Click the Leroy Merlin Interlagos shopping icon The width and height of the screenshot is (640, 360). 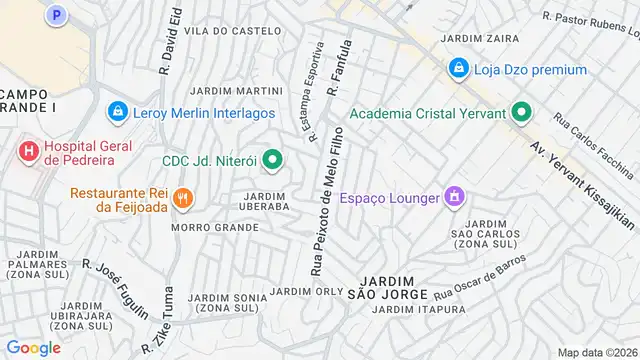[118, 110]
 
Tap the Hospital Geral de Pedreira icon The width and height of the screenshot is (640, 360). [28, 151]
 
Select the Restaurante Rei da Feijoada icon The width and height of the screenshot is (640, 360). [181, 197]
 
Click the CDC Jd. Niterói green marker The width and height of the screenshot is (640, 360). [271, 160]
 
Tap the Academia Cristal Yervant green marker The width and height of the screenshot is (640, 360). [520, 113]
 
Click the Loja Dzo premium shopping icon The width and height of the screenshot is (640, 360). [458, 69]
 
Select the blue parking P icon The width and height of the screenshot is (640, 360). [57, 15]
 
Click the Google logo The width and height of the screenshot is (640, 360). [33, 347]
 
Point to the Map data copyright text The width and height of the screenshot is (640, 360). [596, 352]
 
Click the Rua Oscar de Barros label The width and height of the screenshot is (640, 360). [489, 276]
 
